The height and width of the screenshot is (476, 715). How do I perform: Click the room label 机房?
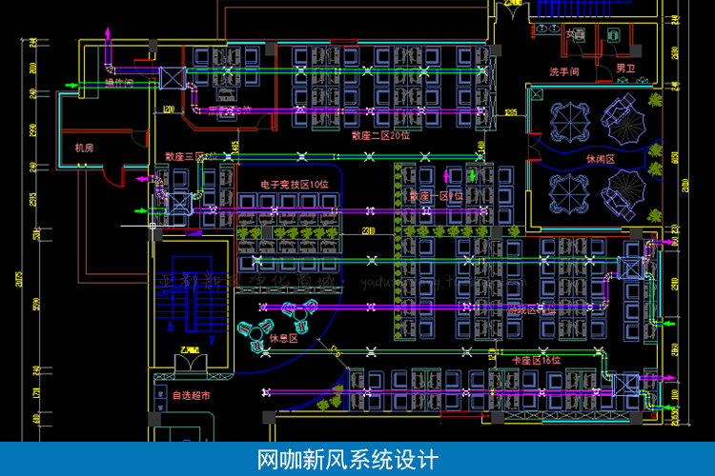(x=84, y=148)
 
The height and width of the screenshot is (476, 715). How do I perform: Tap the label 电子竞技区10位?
(x=295, y=185)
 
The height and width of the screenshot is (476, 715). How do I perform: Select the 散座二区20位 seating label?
(x=380, y=135)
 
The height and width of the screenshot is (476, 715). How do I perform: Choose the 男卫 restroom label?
(x=625, y=69)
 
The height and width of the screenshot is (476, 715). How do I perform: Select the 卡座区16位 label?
(x=537, y=360)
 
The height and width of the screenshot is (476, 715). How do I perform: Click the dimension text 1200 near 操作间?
(x=169, y=110)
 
